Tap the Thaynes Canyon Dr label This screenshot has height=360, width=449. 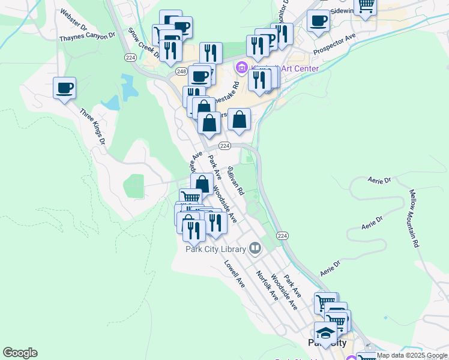click(87, 37)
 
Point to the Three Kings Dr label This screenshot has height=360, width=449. click(93, 127)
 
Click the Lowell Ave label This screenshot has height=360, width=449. click(235, 274)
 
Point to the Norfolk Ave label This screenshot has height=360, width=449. click(267, 286)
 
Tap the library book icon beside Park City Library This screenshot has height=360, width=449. click(255, 248)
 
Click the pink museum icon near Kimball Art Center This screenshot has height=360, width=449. click(243, 68)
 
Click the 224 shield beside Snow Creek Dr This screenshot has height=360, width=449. click(131, 58)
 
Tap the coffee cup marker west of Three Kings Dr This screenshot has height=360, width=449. click(65, 89)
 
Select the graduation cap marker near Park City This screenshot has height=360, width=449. click(325, 332)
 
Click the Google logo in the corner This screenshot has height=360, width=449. click(20, 353)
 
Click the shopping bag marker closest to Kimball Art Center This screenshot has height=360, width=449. click(239, 119)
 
